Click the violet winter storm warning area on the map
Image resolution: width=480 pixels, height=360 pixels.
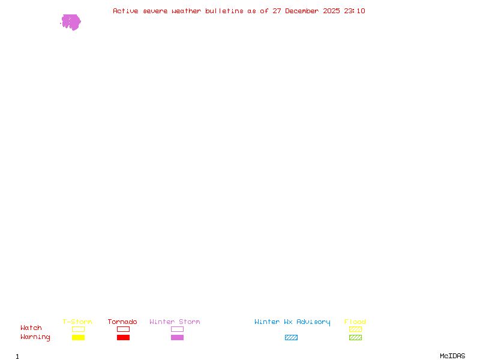click(x=71, y=22)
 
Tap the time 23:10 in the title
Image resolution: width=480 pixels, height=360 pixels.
click(x=354, y=11)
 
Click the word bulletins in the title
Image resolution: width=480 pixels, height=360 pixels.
click(x=224, y=11)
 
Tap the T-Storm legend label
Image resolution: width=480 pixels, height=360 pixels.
click(x=77, y=322)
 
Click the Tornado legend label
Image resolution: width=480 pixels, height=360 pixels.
click(x=122, y=322)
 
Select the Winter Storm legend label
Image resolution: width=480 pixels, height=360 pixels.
click(x=175, y=322)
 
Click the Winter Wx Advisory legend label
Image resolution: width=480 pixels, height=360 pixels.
click(x=292, y=322)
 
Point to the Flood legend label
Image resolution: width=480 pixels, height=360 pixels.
click(x=355, y=322)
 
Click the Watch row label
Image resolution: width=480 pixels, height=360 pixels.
click(x=31, y=328)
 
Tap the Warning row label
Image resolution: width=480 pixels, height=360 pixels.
click(x=35, y=337)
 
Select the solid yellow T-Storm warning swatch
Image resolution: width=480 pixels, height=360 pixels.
click(x=78, y=338)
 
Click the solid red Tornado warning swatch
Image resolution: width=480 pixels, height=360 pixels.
click(x=123, y=338)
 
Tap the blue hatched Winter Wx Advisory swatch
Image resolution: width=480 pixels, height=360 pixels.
click(x=291, y=338)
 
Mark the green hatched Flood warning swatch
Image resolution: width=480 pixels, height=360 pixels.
click(x=355, y=338)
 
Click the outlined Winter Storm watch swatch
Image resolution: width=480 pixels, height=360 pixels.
click(x=177, y=329)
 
